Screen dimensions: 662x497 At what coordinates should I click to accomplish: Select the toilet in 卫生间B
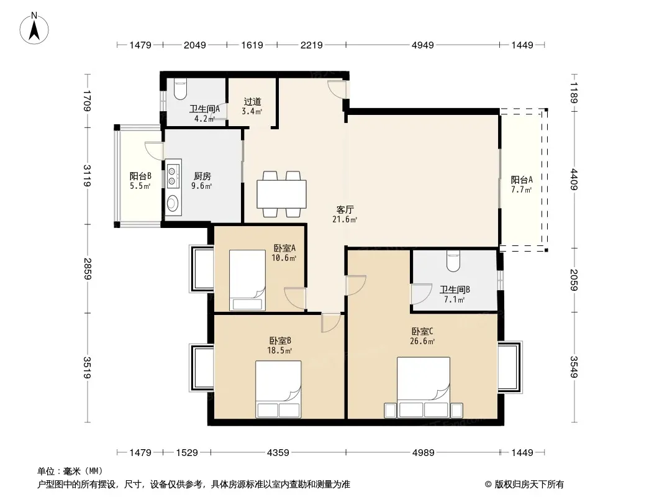click(453, 260)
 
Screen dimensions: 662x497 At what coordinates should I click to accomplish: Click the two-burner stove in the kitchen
click(173, 173)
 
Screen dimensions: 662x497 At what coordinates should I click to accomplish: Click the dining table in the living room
click(281, 194)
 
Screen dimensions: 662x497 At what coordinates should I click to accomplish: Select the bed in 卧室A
click(247, 280)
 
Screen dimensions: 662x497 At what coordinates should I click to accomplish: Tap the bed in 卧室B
click(278, 389)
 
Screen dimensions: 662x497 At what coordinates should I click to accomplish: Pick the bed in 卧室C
click(424, 388)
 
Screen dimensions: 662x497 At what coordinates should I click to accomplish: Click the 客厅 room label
click(345, 210)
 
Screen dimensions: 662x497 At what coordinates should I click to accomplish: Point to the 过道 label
click(253, 102)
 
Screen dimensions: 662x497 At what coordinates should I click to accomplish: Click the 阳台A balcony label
click(522, 180)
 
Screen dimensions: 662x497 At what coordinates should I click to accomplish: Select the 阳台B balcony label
click(140, 176)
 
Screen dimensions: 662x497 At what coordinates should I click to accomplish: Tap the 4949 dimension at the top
click(423, 45)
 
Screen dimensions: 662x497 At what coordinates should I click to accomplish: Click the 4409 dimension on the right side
click(574, 180)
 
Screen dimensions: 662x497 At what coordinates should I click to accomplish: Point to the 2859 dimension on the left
click(88, 268)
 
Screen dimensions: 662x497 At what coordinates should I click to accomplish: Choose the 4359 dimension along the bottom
click(278, 453)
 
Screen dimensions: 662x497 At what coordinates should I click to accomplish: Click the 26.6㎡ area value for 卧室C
click(423, 342)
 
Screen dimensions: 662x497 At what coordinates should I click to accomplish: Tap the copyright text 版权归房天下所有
click(529, 485)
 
